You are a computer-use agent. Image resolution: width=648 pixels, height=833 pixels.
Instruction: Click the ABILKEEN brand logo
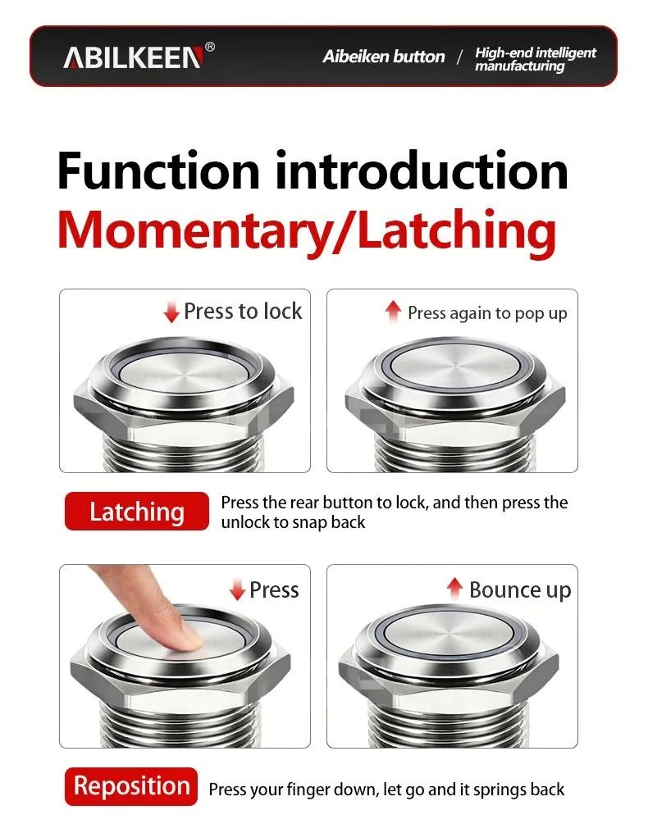pyautogui.click(x=133, y=57)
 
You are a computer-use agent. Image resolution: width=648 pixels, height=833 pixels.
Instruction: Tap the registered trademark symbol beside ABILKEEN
pyautogui.click(x=210, y=47)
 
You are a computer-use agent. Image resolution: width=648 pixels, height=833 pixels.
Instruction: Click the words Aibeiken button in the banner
pyautogui.click(x=383, y=57)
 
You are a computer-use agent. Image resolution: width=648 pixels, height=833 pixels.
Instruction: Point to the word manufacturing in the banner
pyautogui.click(x=519, y=66)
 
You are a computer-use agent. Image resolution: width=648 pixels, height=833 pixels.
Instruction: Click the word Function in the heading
pyautogui.click(x=158, y=171)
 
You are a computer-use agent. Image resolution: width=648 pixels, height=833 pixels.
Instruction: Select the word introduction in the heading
pyautogui.click(x=421, y=171)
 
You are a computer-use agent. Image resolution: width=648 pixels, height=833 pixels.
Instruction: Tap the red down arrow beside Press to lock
pyautogui.click(x=171, y=312)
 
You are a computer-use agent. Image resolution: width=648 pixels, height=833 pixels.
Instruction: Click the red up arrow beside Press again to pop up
pyautogui.click(x=393, y=311)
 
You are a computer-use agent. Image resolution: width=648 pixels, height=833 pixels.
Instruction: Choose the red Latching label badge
pyautogui.click(x=137, y=511)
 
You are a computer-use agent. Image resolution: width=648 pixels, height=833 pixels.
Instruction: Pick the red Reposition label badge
pyautogui.click(x=131, y=786)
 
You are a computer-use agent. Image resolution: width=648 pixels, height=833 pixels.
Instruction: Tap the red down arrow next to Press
pyautogui.click(x=237, y=590)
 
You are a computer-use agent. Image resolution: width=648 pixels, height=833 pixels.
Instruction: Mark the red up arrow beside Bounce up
pyautogui.click(x=454, y=588)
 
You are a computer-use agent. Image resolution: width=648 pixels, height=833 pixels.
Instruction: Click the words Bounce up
pyautogui.click(x=520, y=590)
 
